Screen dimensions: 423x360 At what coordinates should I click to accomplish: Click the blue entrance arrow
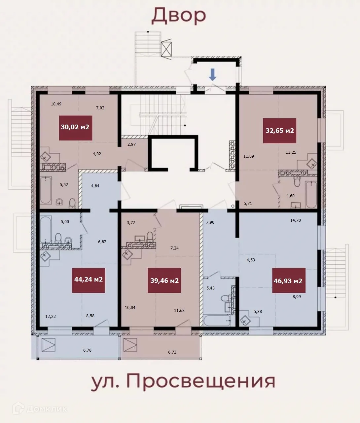[213, 75]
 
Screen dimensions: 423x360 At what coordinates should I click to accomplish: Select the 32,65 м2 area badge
[279, 131]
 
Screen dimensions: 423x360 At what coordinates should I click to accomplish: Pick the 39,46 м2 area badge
[164, 280]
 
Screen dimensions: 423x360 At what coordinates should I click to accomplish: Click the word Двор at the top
[179, 16]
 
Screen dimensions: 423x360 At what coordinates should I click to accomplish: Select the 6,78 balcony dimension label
[88, 350]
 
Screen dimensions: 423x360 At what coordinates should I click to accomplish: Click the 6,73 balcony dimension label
[172, 352]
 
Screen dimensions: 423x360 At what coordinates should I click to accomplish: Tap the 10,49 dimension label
[56, 104]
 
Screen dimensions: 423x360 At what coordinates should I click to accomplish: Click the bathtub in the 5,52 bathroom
[46, 190]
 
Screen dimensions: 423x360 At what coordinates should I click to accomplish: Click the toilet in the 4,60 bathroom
[297, 182]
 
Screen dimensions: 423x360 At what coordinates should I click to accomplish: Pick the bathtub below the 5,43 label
[217, 320]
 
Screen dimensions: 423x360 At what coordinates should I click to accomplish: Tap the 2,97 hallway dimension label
[131, 144]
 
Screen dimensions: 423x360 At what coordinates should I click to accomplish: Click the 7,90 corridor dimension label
[210, 222]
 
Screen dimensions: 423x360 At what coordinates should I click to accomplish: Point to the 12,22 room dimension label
[51, 316]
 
